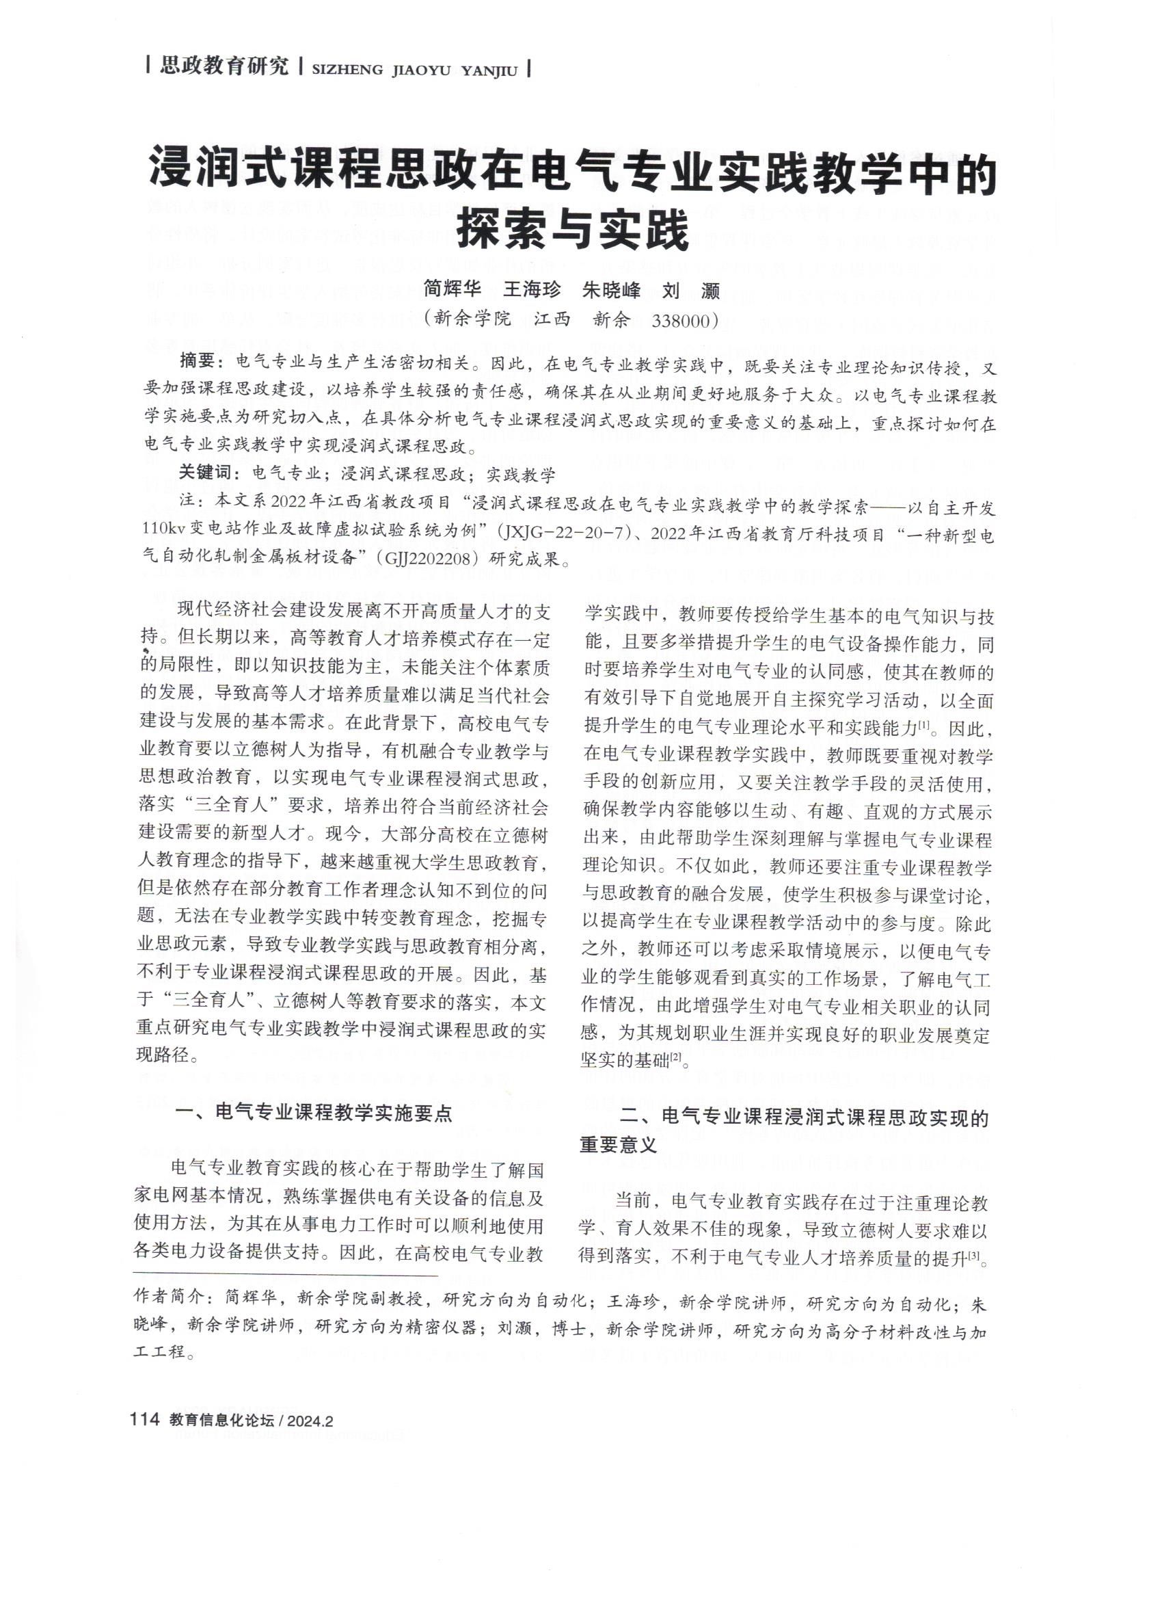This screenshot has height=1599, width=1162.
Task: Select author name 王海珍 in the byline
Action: pyautogui.click(x=532, y=289)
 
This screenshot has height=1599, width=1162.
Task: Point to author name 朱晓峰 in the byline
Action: pyautogui.click(x=612, y=289)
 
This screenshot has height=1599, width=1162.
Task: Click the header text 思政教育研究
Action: pyautogui.click(x=225, y=68)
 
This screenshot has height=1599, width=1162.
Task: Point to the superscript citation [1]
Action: pyautogui.click(x=925, y=724)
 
